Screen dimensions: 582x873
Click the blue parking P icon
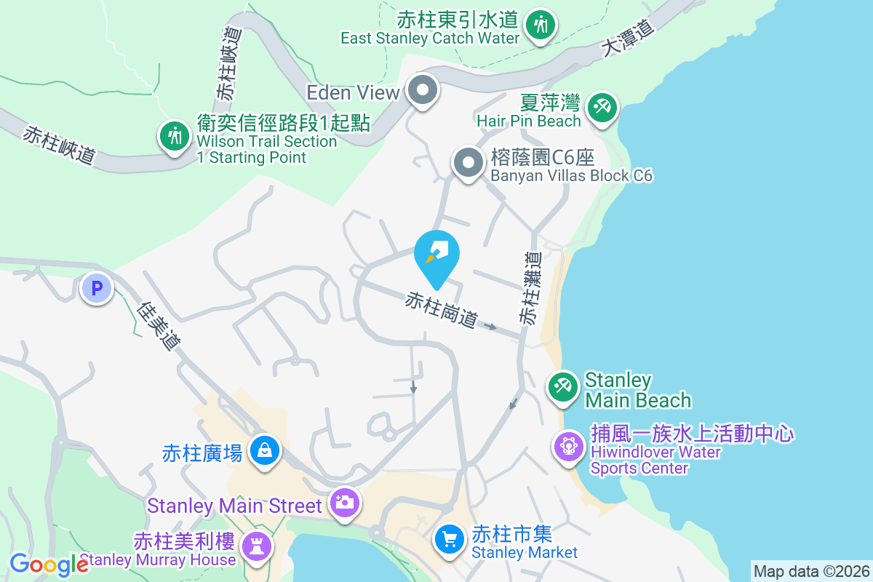tap(96, 289)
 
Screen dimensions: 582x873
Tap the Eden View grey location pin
tap(423, 91)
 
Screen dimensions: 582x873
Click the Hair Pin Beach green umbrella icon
tap(602, 108)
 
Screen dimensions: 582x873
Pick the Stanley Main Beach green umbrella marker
tap(562, 386)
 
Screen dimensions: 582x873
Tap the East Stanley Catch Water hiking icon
tap(540, 25)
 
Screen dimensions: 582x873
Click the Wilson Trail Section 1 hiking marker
tap(174, 135)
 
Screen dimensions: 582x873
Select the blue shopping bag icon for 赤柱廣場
tap(265, 450)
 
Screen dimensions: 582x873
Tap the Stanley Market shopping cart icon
tap(450, 539)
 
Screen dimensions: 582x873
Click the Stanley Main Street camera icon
tap(343, 501)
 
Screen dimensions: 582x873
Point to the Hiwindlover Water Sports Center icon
tap(568, 445)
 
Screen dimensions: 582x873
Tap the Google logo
tap(49, 564)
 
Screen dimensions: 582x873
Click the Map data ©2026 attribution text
tap(811, 571)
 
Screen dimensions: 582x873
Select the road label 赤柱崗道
tap(442, 309)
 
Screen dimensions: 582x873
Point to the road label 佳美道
tap(158, 326)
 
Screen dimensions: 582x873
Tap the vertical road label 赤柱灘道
tap(530, 289)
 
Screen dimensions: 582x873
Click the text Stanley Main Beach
tap(637, 390)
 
